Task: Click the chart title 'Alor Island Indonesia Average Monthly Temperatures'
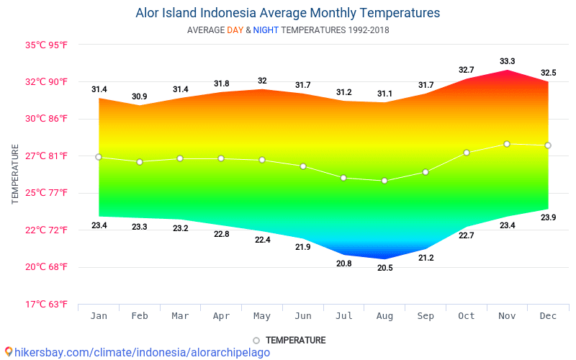point(287,13)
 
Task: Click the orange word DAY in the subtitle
point(235,30)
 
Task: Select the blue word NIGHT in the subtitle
point(266,30)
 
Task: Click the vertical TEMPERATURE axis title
point(15,174)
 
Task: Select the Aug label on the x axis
point(384,316)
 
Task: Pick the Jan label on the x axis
point(99,316)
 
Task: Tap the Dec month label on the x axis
point(548,316)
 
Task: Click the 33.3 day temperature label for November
point(507,61)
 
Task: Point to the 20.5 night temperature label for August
point(384,268)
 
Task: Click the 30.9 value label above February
point(140,96)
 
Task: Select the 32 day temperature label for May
point(262,81)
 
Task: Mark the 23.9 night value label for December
point(548,217)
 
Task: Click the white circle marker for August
point(384,181)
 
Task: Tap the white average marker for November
point(507,144)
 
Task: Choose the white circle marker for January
point(99,157)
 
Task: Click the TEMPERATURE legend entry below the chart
point(289,340)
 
